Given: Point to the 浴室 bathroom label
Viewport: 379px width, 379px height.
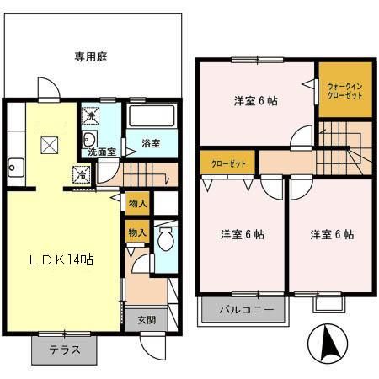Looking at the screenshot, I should coord(151,144).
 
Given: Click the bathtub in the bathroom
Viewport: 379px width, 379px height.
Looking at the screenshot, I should coord(151,119).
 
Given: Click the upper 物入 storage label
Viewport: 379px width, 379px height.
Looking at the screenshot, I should coord(137,203).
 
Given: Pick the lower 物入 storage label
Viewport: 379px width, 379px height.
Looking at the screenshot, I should coord(137,232).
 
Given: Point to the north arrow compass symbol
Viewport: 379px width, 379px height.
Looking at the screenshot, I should coord(329,344).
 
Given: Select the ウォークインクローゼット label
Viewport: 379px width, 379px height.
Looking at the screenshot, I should coord(344,91).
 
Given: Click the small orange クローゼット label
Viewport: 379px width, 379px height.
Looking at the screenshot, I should coord(228,163).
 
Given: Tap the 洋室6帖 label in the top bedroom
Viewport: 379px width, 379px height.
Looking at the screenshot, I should coord(256,101).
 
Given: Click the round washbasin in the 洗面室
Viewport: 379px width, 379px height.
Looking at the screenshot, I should coord(89,140).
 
